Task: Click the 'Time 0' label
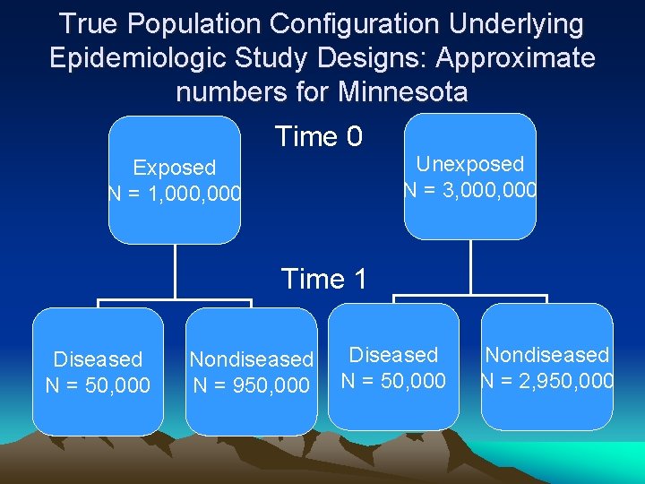point(318,137)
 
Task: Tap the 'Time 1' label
point(323,280)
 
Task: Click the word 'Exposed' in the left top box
point(174,168)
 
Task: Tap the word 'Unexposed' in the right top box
point(470,164)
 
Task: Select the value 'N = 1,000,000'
point(176,193)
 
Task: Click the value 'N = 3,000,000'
point(471,189)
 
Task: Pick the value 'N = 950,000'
point(252,385)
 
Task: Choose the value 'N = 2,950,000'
point(547,381)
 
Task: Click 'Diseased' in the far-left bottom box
point(98,359)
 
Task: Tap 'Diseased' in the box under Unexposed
point(393,356)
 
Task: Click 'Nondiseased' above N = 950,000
point(252,360)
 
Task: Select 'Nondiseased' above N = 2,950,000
point(547,356)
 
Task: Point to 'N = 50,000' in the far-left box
point(98,385)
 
